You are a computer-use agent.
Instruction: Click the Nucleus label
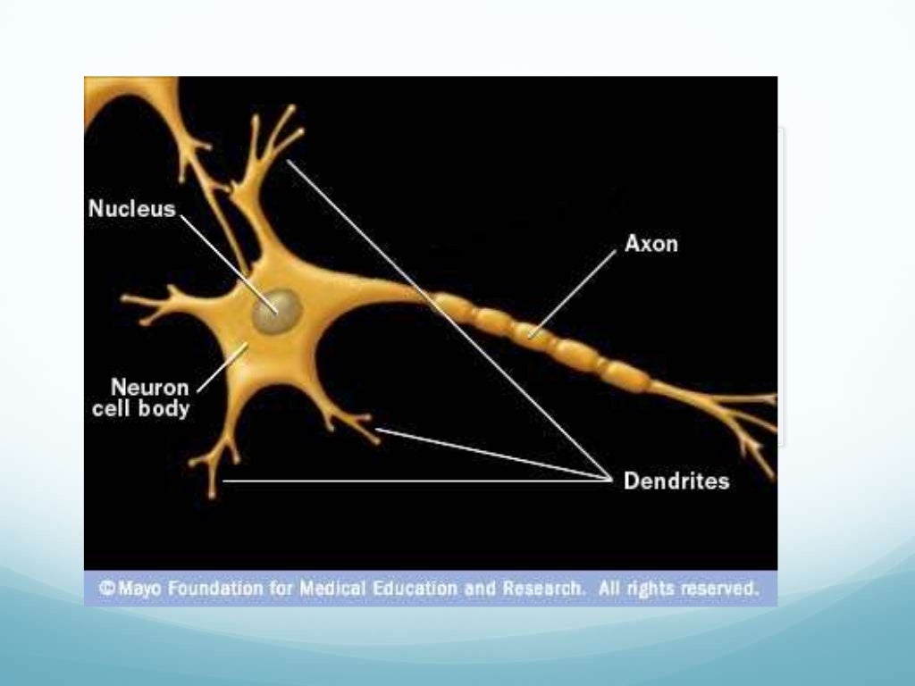[x=132, y=209]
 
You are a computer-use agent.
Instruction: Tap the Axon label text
[x=651, y=243]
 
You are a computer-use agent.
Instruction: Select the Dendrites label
[x=676, y=481]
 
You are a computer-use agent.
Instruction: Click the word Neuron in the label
[x=150, y=389]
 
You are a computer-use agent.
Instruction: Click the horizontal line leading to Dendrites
[x=402, y=481]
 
